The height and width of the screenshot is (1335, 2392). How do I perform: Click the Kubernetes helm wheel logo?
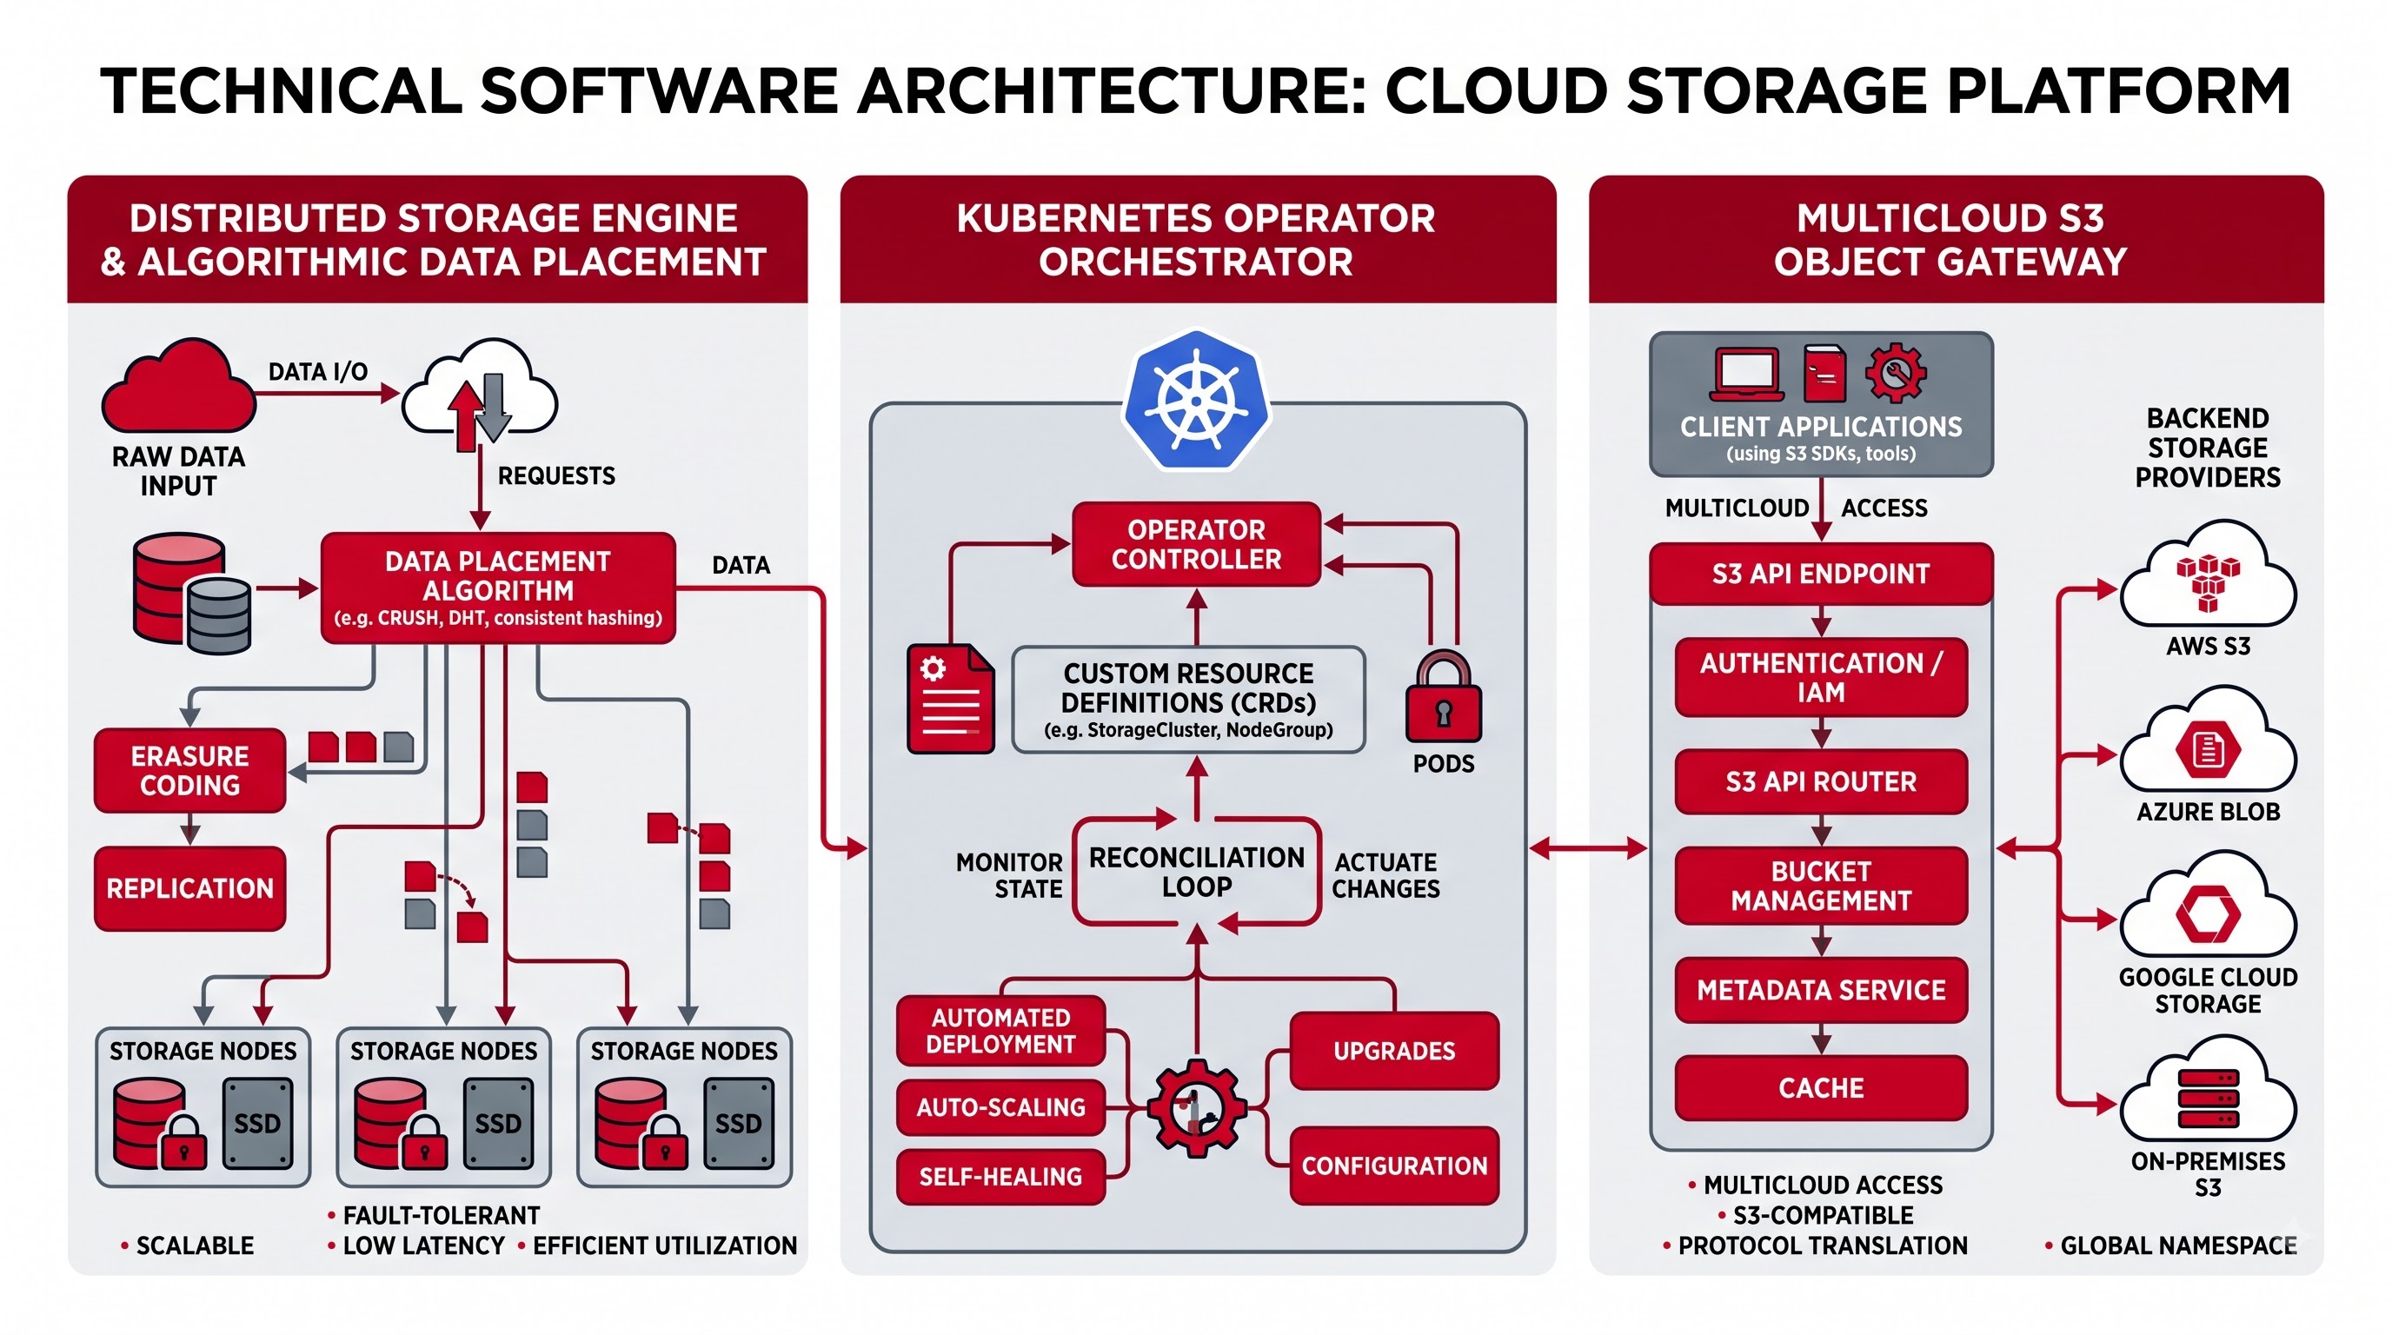(x=1196, y=399)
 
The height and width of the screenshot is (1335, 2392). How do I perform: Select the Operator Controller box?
(x=1196, y=544)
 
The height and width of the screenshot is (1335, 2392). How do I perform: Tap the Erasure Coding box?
(x=189, y=769)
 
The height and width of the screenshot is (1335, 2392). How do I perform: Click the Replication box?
(x=189, y=888)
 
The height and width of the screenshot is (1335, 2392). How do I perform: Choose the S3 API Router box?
(x=1821, y=781)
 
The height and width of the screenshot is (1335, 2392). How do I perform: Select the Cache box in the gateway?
(x=1821, y=1088)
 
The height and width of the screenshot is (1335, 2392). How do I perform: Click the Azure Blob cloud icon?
(x=2208, y=739)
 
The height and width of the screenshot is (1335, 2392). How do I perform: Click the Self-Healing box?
(x=1001, y=1176)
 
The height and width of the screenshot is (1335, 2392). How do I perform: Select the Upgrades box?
(x=1395, y=1051)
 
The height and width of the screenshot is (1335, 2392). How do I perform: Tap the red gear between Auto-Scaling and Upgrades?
(x=1196, y=1107)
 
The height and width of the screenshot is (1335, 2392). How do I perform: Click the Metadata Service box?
(x=1821, y=990)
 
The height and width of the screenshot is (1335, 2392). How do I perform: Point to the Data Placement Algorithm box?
(x=498, y=588)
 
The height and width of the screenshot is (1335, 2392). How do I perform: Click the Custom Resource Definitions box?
(x=1188, y=700)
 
